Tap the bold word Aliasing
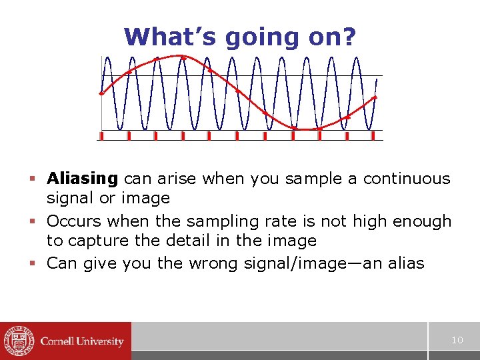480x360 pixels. [x=82, y=179]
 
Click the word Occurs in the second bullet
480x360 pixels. [x=74, y=221]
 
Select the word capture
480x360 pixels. [x=99, y=241]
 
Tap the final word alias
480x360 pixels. [x=402, y=263]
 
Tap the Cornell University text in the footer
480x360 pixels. [x=82, y=341]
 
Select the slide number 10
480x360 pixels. [x=457, y=340]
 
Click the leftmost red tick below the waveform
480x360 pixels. [x=101, y=135]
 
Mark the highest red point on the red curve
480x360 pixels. [x=183, y=57]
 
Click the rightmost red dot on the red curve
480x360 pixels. [x=375, y=97]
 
